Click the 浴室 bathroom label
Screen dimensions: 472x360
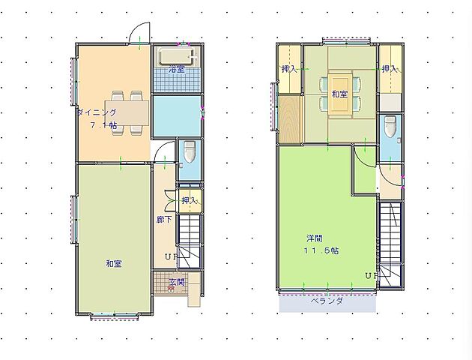pyautogui.click(x=177, y=69)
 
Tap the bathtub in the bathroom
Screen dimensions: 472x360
pyautogui.click(x=178, y=56)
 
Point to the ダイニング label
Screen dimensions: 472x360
pyautogui.click(x=97, y=112)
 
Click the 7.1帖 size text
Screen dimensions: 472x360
pyautogui.click(x=104, y=125)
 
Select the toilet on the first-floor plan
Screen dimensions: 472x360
pyautogui.click(x=190, y=151)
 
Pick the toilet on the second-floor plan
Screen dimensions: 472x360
pyautogui.click(x=390, y=127)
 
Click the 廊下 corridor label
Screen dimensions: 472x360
pyautogui.click(x=164, y=220)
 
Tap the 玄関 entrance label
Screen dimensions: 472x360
pyautogui.click(x=176, y=282)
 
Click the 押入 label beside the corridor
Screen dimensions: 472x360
pyautogui.click(x=190, y=200)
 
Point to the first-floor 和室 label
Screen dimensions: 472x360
pyautogui.click(x=114, y=264)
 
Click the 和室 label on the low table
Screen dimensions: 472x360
pyautogui.click(x=339, y=94)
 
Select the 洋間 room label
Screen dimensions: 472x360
pyautogui.click(x=315, y=238)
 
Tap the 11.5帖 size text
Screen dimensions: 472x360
pyautogui.click(x=321, y=250)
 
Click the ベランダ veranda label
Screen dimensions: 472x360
pyautogui.click(x=327, y=301)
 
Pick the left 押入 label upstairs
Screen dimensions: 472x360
pyautogui.click(x=289, y=69)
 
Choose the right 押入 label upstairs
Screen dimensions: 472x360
pyautogui.click(x=390, y=69)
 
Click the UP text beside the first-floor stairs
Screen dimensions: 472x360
pyautogui.click(x=172, y=257)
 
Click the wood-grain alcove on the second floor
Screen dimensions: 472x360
pyautogui.click(x=290, y=118)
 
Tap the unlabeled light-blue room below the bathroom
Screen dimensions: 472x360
pyautogui.click(x=177, y=116)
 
